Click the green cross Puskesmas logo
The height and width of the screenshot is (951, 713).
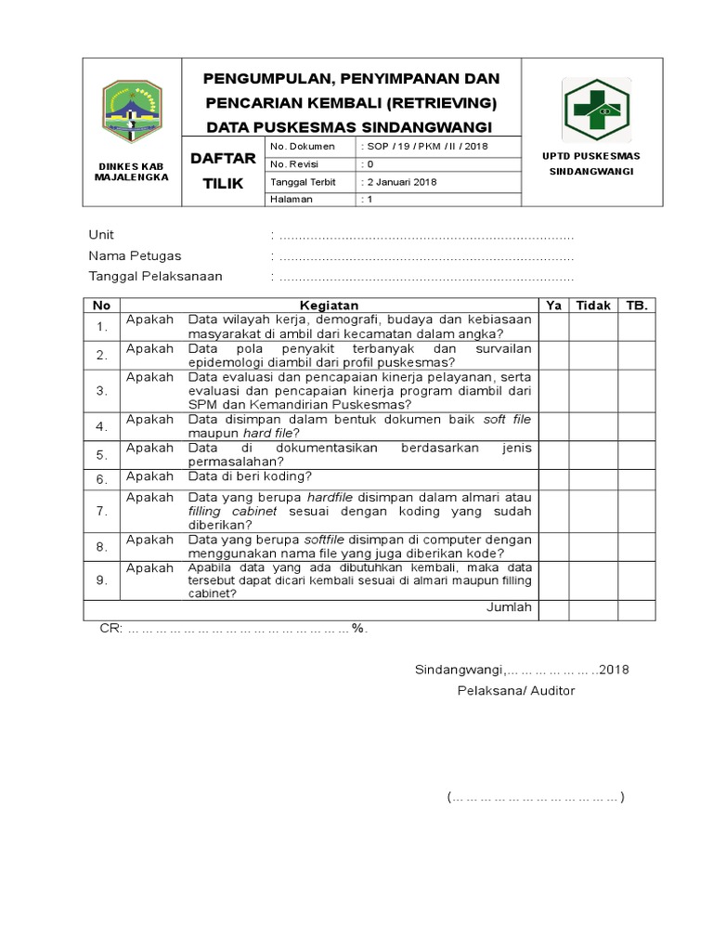coord(595,110)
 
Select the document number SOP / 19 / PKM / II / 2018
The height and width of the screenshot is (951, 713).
coord(424,147)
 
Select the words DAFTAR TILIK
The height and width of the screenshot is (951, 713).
coord(223,171)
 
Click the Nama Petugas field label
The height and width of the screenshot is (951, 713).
coord(135,255)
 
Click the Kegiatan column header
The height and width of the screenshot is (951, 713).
coord(329,305)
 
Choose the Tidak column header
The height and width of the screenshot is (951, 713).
coord(592,305)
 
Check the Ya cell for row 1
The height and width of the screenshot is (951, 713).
coord(553,326)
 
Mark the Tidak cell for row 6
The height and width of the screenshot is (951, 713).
coord(592,477)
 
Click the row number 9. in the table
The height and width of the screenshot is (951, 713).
coord(101,580)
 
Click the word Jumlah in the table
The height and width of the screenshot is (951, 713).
coord(509,607)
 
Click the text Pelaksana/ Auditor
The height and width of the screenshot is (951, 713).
coord(515,690)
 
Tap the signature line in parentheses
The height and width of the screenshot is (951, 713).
coord(535,797)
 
